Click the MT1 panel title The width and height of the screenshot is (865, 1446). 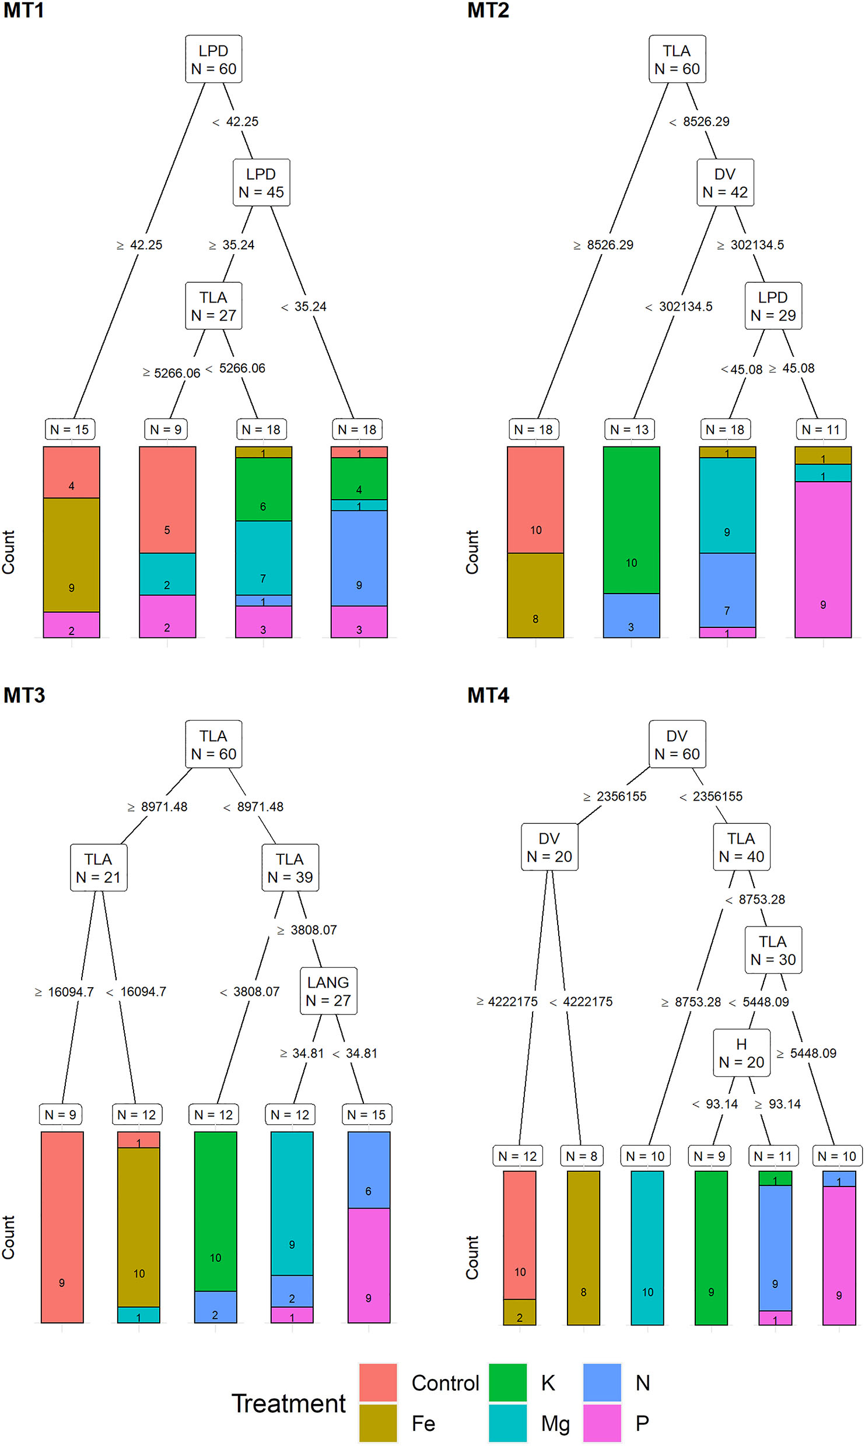[23, 10]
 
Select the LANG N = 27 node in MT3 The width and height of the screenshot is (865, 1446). [328, 991]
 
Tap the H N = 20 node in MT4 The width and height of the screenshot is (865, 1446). [741, 1053]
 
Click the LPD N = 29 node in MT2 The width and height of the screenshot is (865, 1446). [773, 306]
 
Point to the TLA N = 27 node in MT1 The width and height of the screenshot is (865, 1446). [213, 306]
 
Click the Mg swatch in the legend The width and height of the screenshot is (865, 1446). [507, 1423]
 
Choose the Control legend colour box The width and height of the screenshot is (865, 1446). [378, 1382]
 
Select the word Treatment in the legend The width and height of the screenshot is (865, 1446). [289, 1403]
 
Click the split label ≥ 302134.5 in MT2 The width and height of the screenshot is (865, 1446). [751, 245]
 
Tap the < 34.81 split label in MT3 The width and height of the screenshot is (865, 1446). [355, 1053]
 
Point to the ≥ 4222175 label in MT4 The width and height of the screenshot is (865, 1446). [507, 1002]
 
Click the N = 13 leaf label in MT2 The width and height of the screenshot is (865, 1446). [629, 430]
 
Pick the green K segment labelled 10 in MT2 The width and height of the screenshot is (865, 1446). [632, 520]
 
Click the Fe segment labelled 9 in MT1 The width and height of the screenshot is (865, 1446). [72, 554]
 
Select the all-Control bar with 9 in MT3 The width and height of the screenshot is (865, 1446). [62, 1227]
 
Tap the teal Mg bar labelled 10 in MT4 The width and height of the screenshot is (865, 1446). [647, 1248]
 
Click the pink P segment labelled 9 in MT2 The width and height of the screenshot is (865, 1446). [823, 559]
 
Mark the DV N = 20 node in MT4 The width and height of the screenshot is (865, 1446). [549, 847]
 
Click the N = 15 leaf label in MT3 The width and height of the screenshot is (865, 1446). [366, 1115]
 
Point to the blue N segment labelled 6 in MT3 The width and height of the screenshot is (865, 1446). [369, 1170]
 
